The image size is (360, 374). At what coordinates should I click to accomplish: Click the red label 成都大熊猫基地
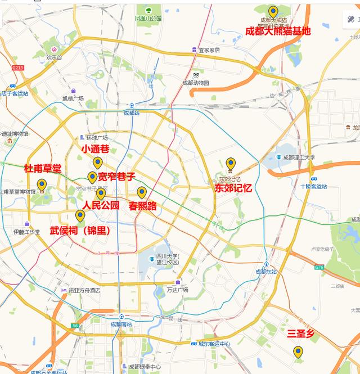pos(278,31)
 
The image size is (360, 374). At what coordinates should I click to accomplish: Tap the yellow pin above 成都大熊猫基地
pos(273,12)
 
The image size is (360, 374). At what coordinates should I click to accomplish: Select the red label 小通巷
pos(95,149)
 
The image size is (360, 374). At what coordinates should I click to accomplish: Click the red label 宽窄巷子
pos(117,177)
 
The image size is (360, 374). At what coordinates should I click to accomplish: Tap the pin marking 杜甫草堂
pos(42,184)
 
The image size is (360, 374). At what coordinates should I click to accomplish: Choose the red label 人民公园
pos(101,206)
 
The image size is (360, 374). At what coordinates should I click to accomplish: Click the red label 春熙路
pos(143,206)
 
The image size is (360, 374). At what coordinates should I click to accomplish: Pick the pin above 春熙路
pos(142,192)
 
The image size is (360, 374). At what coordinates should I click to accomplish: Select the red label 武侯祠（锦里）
pos(80,231)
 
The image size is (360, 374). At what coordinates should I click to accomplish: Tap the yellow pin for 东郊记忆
pos(231,164)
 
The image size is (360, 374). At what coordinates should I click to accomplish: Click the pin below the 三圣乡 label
pos(298,352)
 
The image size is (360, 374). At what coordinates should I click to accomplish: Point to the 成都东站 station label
pos(267,272)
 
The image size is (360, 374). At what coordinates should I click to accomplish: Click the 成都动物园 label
pos(195,83)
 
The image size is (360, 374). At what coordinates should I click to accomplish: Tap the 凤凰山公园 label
pos(148,19)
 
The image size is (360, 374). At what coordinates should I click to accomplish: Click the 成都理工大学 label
pos(299,157)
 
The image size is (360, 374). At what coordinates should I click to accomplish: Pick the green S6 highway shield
pos(75,326)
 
